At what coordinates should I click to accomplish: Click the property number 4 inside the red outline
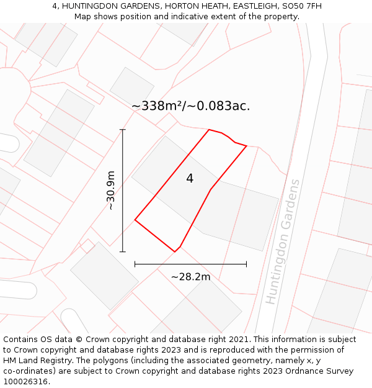190,179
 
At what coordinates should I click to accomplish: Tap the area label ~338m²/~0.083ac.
191,106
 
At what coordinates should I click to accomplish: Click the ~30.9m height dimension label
111,191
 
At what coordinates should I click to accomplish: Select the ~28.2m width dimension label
190,277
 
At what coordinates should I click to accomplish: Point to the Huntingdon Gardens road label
283,242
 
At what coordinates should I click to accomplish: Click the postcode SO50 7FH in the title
301,6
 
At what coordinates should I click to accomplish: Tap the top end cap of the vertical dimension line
123,130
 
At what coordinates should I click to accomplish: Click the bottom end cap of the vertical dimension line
123,251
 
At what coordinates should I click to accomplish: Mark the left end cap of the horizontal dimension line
135,264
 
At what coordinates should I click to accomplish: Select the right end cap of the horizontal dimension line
246,264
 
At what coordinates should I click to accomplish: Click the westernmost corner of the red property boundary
135,220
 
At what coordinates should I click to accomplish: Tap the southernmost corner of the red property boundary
175,251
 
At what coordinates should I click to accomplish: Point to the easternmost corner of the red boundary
247,146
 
